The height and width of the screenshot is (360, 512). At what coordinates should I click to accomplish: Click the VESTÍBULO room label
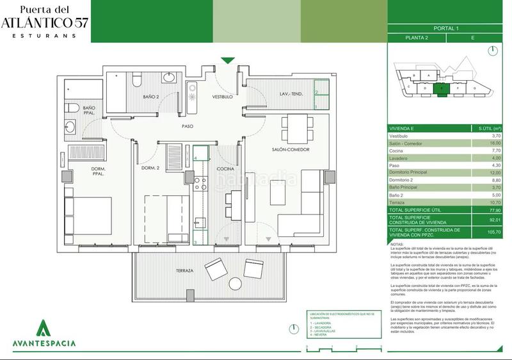223,97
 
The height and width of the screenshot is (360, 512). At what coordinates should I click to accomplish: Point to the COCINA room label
225,169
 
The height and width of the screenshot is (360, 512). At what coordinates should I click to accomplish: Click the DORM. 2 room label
150,168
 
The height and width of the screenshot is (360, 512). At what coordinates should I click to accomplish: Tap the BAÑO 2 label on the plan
151,97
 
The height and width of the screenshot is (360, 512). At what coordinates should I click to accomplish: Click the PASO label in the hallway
188,126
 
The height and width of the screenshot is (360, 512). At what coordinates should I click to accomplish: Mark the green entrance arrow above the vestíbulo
228,61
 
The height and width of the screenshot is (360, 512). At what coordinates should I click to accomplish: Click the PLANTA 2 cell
417,38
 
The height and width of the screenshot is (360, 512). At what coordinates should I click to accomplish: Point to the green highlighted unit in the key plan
442,89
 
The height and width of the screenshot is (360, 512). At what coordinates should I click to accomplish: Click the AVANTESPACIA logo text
44,343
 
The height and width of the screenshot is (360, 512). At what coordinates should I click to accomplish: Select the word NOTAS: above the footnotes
396,244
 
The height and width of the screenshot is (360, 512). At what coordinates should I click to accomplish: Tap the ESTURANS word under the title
44,35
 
